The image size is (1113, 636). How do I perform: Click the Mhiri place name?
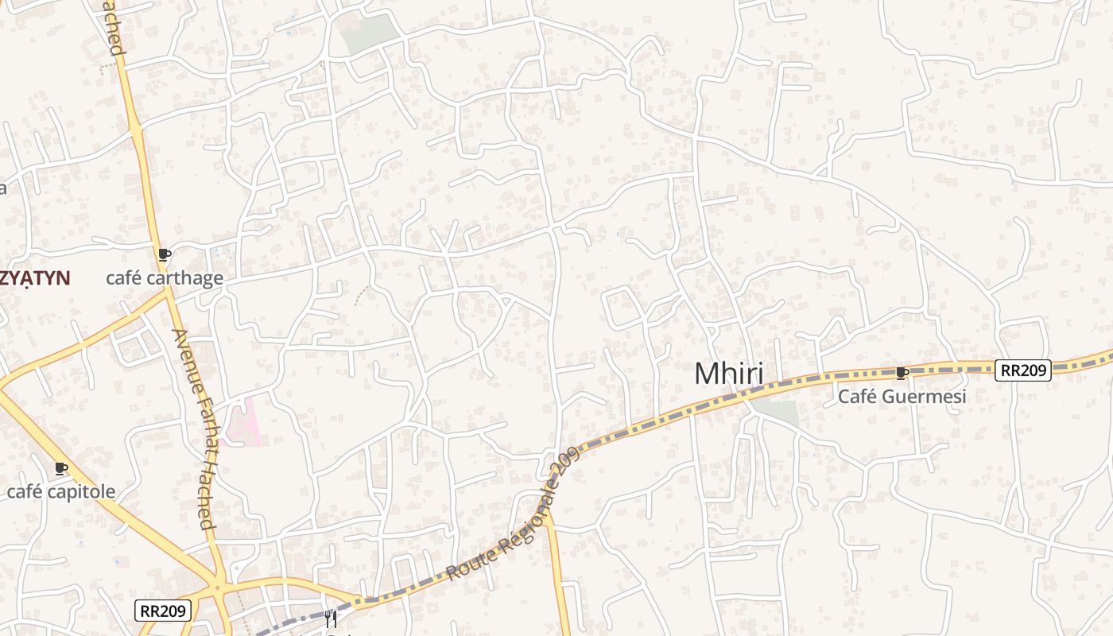(x=728, y=374)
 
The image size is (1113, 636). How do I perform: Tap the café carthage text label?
(x=165, y=278)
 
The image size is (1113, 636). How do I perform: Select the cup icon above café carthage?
(x=164, y=254)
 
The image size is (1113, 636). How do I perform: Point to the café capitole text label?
(x=61, y=491)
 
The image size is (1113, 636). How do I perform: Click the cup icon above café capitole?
(x=61, y=468)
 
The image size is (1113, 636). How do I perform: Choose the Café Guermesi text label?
(x=902, y=396)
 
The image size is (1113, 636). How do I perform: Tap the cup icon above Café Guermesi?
(x=902, y=372)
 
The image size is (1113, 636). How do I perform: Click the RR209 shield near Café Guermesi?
(x=1023, y=370)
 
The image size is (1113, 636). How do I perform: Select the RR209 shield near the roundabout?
(x=163, y=611)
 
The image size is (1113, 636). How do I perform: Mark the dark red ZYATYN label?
(x=36, y=278)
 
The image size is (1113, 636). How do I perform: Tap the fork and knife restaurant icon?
(x=331, y=619)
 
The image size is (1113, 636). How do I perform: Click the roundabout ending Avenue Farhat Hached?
(x=217, y=589)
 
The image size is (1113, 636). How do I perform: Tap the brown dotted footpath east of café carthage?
(x=362, y=295)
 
